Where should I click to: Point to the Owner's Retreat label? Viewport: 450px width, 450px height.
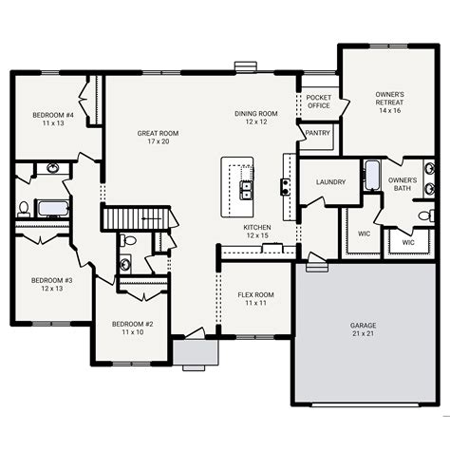389,95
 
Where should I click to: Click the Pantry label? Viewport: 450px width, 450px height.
318,133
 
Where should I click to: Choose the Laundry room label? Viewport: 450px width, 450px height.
329,182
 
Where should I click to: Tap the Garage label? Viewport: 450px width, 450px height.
364,326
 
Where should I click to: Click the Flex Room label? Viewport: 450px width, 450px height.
254,295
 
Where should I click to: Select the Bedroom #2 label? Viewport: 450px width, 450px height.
132,323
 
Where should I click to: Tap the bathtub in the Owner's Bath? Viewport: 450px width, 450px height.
371,176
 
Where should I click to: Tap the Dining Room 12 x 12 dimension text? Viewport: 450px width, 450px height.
255,122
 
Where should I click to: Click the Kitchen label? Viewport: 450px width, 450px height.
257,228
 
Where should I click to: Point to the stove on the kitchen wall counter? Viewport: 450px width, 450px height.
284,185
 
